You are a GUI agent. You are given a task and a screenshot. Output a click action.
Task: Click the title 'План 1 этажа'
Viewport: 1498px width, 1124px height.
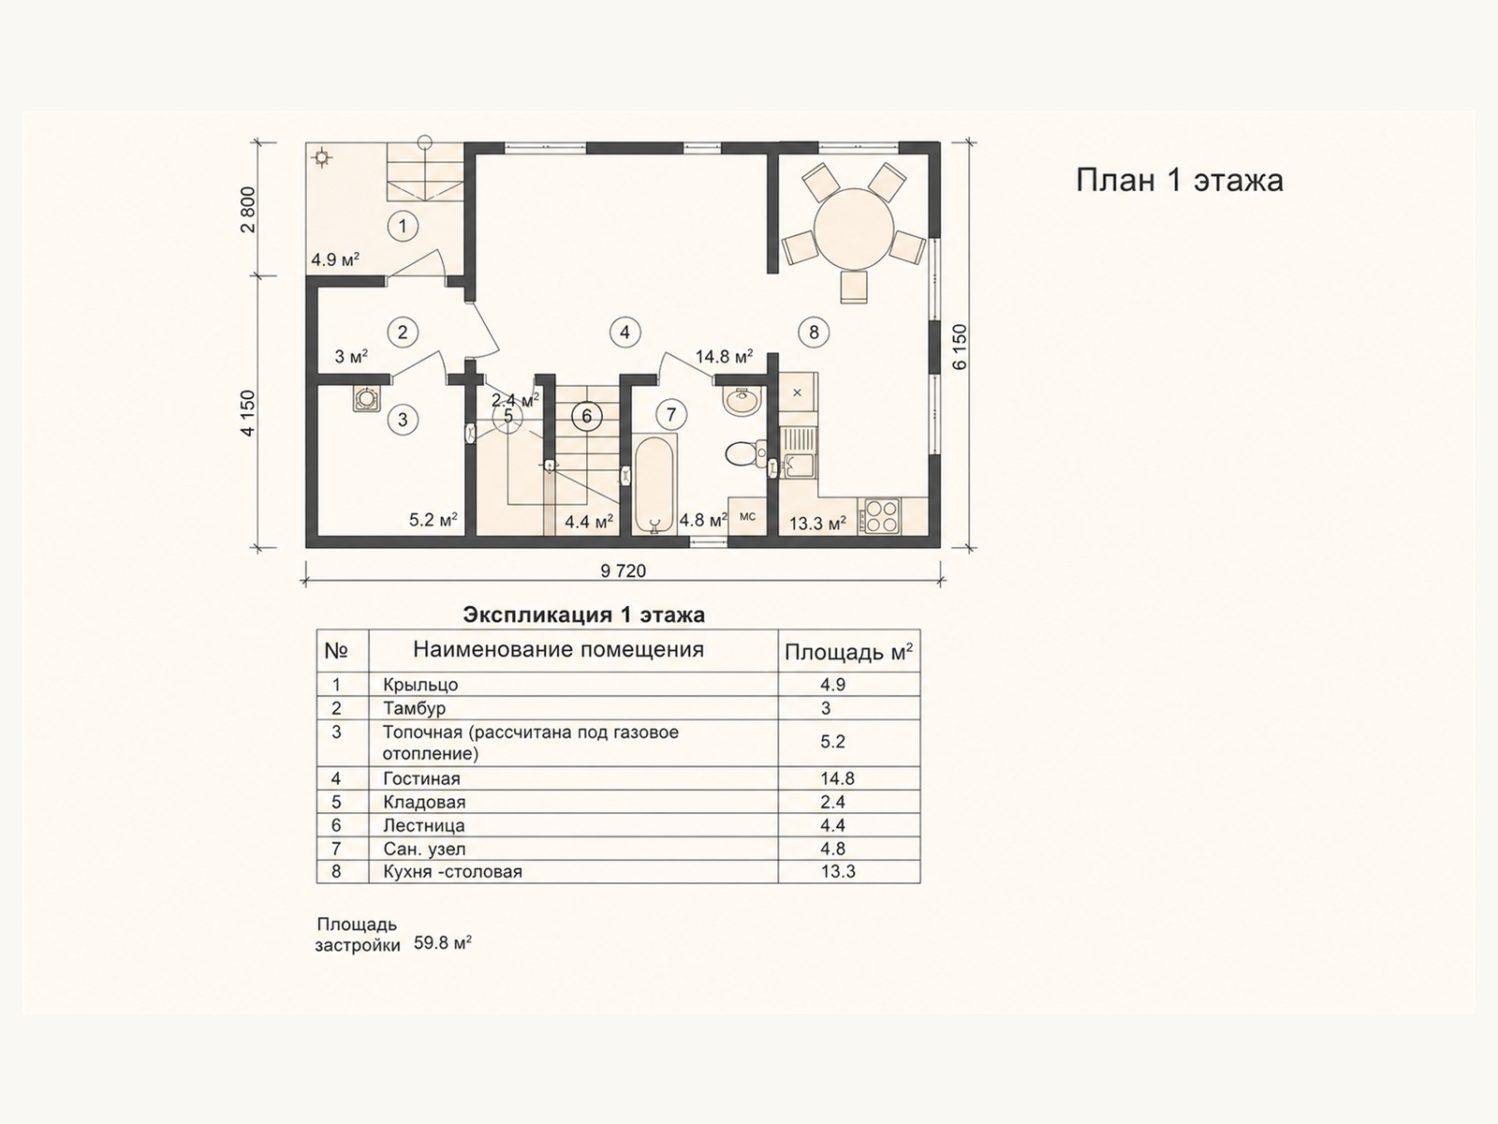1180,181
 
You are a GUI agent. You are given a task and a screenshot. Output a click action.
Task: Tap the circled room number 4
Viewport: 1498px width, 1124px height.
624,333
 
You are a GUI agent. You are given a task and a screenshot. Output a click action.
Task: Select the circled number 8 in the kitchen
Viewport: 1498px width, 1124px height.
814,333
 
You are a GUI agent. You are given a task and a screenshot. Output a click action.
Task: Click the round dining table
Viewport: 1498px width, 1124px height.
854,229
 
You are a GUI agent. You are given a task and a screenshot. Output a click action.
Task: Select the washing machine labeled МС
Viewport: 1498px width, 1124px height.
747,517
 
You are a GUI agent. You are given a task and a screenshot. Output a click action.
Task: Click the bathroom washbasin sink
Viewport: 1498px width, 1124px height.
741,400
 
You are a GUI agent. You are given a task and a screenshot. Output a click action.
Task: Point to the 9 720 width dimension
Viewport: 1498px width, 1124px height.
624,570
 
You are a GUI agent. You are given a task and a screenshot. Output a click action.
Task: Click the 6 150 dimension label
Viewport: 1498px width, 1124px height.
960,347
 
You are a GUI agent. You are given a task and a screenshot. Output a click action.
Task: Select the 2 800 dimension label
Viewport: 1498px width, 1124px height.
248,210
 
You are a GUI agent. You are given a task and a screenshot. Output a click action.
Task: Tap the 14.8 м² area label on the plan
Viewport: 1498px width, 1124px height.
724,356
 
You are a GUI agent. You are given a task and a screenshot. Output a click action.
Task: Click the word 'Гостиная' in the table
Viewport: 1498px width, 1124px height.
421,778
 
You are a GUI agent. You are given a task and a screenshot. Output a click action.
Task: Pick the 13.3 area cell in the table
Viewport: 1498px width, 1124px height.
838,871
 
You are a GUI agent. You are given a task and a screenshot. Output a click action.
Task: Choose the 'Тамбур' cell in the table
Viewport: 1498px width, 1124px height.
414,708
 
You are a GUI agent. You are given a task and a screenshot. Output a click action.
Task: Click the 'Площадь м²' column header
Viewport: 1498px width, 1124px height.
848,652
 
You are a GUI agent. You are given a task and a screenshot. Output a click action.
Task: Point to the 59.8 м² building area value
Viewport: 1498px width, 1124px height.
442,943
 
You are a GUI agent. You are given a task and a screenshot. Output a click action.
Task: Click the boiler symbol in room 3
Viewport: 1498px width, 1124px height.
367,399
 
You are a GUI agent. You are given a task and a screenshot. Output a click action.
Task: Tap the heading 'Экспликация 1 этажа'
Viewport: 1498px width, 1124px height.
584,614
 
